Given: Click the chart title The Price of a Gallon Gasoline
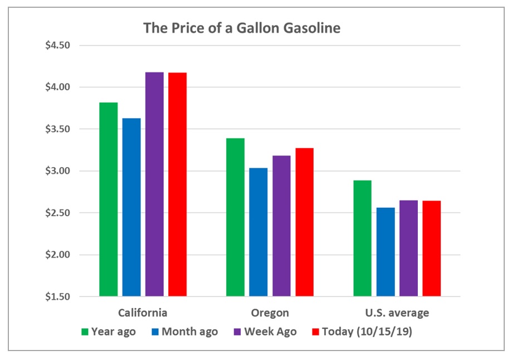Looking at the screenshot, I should click(241, 28).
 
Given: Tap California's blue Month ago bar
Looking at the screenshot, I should click(131, 207).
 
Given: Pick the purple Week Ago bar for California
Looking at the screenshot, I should click(154, 184).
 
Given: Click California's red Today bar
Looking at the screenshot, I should click(178, 184).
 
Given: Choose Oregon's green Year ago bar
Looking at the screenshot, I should click(235, 217).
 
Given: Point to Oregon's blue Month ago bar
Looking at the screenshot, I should click(258, 232).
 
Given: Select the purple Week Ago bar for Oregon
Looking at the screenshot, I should click(281, 226).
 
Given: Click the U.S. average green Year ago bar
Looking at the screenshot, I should click(362, 238).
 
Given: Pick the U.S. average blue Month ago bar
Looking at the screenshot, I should click(386, 251).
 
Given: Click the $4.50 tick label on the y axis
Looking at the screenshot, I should click(57, 45).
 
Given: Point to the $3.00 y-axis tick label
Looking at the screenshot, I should click(57, 171).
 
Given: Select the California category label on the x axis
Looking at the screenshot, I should click(143, 312).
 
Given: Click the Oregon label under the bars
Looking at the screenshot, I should click(270, 312).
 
